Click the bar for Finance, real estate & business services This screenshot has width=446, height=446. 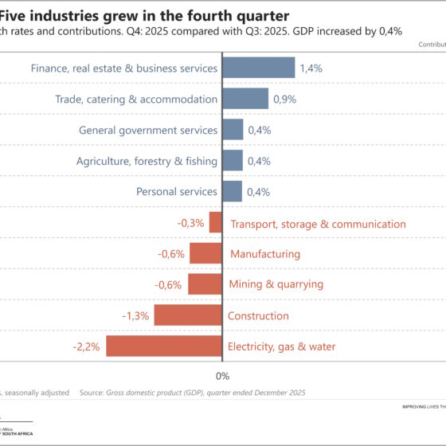click(x=258, y=68)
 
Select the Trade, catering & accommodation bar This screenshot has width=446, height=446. click(x=245, y=99)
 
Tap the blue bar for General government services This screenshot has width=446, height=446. click(x=232, y=130)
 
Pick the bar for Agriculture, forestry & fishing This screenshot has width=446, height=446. click(x=232, y=161)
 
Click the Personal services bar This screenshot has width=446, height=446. click(x=232, y=191)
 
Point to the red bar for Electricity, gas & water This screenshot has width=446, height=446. click(x=163, y=346)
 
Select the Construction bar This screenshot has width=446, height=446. click(x=187, y=315)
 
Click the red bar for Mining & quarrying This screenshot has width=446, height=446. click(x=204, y=284)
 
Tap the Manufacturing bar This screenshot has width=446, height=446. click(x=204, y=254)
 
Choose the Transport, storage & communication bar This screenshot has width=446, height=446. click(x=215, y=223)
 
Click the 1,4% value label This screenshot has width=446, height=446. click(x=311, y=68)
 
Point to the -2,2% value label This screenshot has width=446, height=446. click(x=85, y=346)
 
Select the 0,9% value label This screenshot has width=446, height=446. click(x=285, y=100)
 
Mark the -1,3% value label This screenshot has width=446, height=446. click(x=135, y=316)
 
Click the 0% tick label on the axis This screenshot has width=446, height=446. click(x=222, y=376)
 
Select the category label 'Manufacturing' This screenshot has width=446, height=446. click(x=265, y=254)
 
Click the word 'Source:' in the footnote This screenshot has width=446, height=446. click(x=94, y=393)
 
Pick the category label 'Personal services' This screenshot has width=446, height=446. click(x=176, y=192)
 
